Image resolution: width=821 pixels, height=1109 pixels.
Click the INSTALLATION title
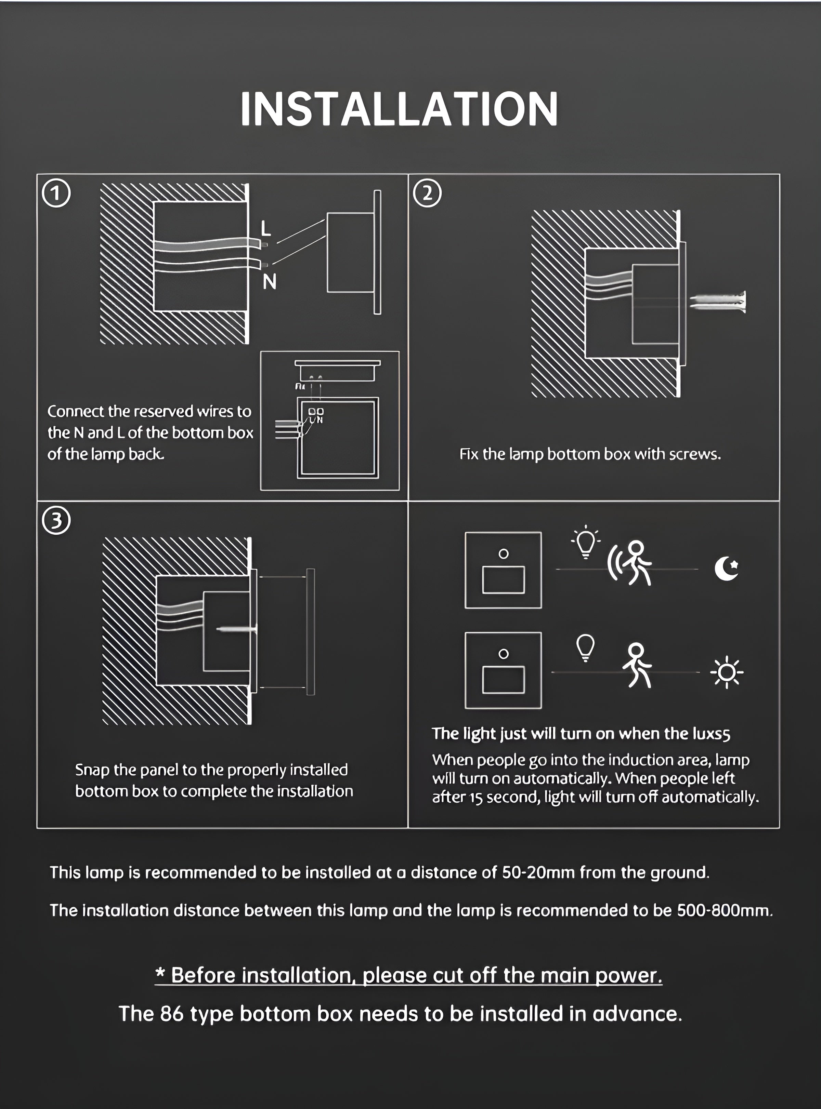click(399, 109)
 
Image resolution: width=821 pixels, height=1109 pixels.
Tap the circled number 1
click(56, 194)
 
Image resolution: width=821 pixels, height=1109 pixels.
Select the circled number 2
click(427, 194)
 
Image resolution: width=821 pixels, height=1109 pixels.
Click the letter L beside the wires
click(266, 228)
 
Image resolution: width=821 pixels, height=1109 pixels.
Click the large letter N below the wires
click(269, 282)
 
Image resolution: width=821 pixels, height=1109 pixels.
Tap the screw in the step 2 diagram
click(718, 302)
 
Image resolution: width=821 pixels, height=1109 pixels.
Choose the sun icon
click(727, 672)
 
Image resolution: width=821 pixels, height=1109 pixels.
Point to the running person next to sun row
click(637, 666)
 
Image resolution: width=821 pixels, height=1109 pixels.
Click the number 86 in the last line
click(171, 1014)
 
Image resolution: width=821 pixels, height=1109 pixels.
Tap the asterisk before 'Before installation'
click(160, 974)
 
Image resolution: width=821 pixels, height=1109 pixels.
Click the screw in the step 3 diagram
click(236, 629)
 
